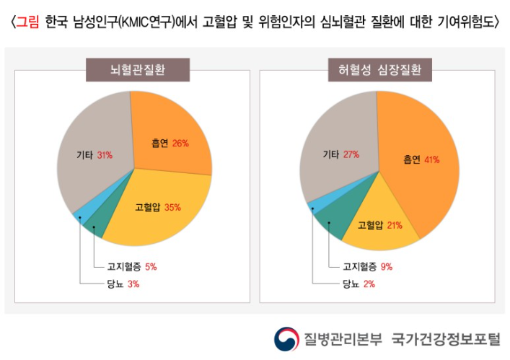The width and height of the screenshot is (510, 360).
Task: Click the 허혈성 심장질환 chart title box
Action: click(x=379, y=71)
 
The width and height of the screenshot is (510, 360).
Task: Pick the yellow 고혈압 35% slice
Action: click(x=159, y=206)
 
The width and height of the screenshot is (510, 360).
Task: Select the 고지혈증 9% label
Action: click(x=368, y=267)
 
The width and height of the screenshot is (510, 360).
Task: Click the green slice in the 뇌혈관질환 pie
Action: click(x=94, y=229)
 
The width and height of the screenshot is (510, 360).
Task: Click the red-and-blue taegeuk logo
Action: click(x=286, y=338)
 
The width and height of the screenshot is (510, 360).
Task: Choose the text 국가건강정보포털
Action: click(x=445, y=338)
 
